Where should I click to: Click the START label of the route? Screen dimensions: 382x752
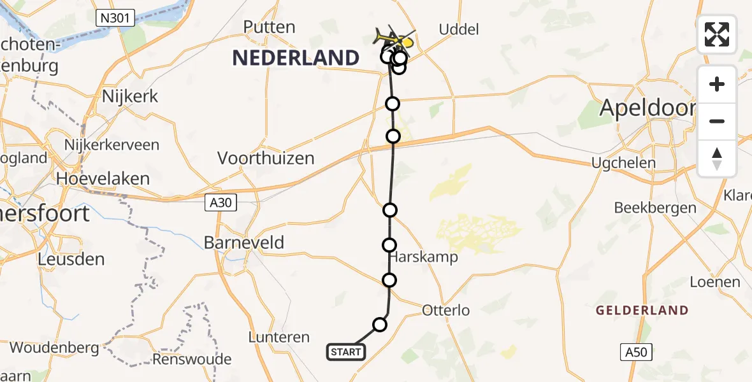(x=346, y=351)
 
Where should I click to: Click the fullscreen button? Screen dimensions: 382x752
(x=717, y=34)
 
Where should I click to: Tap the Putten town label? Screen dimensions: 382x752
(x=270, y=27)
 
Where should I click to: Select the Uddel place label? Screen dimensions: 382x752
(x=459, y=29)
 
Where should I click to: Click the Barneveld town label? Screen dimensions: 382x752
(x=244, y=242)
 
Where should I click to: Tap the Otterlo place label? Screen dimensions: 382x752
(x=445, y=311)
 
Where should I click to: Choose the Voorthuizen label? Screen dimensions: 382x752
(x=266, y=158)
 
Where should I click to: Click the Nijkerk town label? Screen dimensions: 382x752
(x=130, y=97)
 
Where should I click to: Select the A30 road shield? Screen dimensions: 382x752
(x=221, y=203)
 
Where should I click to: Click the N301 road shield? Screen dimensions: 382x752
(x=115, y=18)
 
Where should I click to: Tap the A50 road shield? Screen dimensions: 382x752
(x=636, y=352)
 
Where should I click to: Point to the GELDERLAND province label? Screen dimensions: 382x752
(x=642, y=311)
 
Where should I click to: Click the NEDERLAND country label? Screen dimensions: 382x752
(x=296, y=58)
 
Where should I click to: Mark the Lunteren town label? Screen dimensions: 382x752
(x=280, y=337)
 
